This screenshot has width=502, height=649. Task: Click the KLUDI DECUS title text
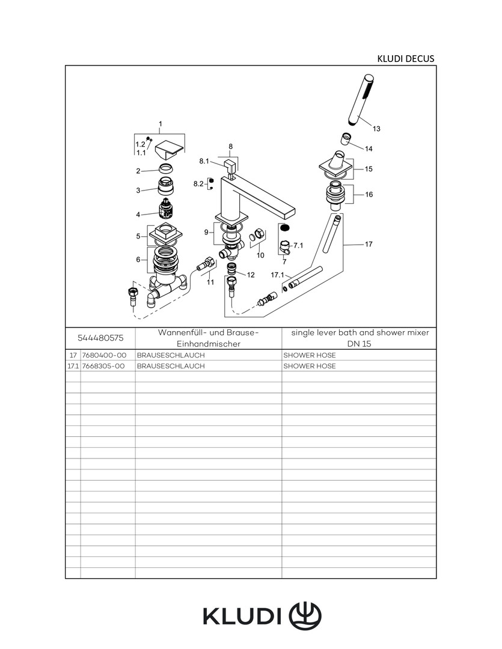point(405,58)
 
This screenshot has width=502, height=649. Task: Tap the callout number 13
point(376,129)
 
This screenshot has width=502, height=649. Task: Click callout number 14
point(369,148)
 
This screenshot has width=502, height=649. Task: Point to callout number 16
point(369,195)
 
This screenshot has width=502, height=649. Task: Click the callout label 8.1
point(203,161)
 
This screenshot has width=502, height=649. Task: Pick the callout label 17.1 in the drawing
point(277,275)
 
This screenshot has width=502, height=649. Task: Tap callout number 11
point(210,281)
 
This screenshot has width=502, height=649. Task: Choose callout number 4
point(138,215)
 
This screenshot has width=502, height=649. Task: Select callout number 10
point(260,255)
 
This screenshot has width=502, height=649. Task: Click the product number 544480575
point(100,338)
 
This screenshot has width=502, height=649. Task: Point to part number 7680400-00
point(103,355)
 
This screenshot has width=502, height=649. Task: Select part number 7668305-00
point(103,366)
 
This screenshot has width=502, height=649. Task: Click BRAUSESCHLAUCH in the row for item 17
point(171,355)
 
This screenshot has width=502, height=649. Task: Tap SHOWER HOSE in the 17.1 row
point(310,366)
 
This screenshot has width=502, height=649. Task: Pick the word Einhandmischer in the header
point(208,344)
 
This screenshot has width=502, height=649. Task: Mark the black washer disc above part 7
point(285,228)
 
